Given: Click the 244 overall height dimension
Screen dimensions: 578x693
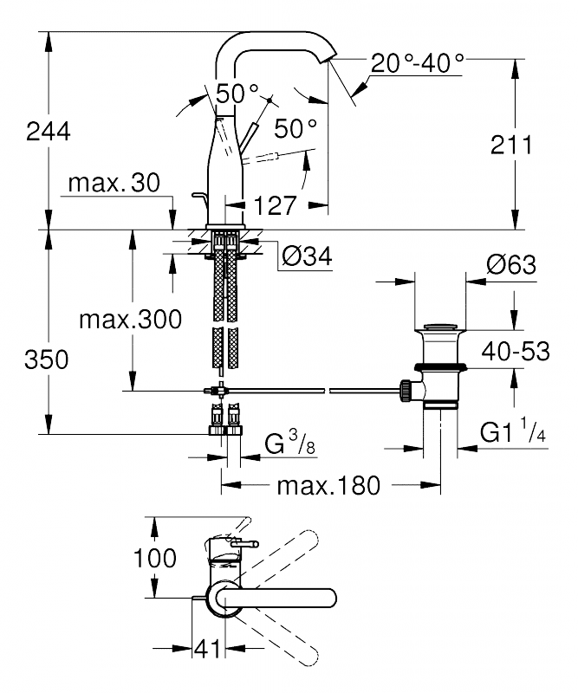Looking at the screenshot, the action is coord(49,132).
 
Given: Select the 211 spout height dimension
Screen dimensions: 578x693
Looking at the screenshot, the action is coord(511,145).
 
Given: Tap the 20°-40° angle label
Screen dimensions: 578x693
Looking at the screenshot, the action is coord(418,62).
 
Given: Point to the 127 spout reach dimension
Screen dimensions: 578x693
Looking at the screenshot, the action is coord(275,205).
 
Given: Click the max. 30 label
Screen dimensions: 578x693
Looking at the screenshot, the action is coord(114,183).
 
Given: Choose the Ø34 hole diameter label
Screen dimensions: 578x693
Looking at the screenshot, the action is coord(307,256).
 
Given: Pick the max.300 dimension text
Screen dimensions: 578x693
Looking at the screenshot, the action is coord(131,319).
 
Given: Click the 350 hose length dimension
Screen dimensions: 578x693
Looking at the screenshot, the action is coord(47,359).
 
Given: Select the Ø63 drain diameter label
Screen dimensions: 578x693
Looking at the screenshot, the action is coord(510,265).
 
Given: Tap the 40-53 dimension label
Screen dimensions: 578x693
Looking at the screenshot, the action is coord(516,352).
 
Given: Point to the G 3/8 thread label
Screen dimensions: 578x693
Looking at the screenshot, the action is coord(289,443).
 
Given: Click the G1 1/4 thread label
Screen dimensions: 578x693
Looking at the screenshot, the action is coord(513,431).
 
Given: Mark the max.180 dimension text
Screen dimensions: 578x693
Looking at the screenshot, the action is coord(328,486).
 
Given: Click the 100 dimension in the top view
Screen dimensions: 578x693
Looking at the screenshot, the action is coord(155,558).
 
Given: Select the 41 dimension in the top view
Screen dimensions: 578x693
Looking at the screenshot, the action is coord(207,649).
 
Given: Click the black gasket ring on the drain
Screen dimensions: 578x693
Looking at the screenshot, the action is coord(440,366).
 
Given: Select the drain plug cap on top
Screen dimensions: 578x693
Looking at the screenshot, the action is coord(440,327).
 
